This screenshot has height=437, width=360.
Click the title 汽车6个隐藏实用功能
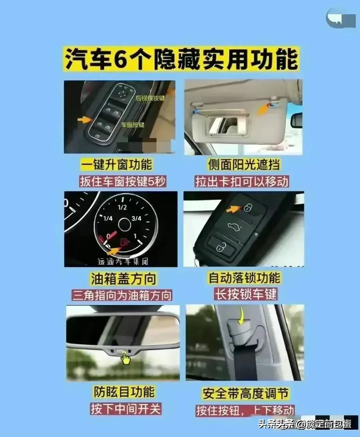182,59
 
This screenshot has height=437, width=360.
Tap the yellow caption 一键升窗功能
116,165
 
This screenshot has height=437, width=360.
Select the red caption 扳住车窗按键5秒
122,182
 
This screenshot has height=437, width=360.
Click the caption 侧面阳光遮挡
244,165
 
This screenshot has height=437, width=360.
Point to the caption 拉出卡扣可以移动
242,182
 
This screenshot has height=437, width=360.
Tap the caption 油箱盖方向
123,279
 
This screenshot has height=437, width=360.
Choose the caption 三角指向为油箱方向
122,295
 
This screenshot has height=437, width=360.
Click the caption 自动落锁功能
244,278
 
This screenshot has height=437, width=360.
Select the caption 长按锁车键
246,294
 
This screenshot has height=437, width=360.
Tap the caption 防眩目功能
124,392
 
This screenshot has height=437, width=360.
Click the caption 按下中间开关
126,409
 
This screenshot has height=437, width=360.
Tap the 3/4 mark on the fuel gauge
136,218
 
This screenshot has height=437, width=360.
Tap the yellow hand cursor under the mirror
126,358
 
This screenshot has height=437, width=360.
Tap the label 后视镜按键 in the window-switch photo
150,98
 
